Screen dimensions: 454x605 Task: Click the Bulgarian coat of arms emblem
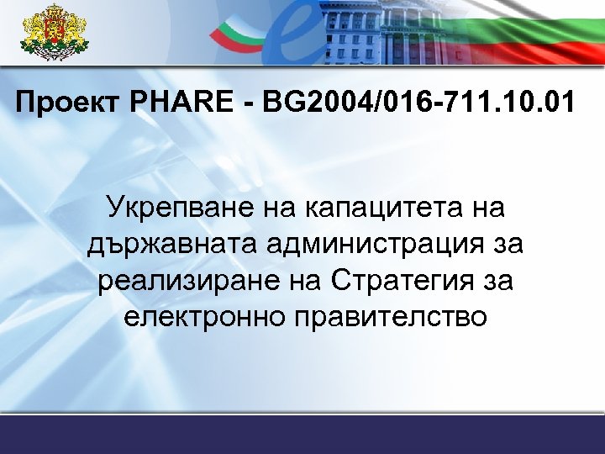point(55,33)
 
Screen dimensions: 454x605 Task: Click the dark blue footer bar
point(302,436)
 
